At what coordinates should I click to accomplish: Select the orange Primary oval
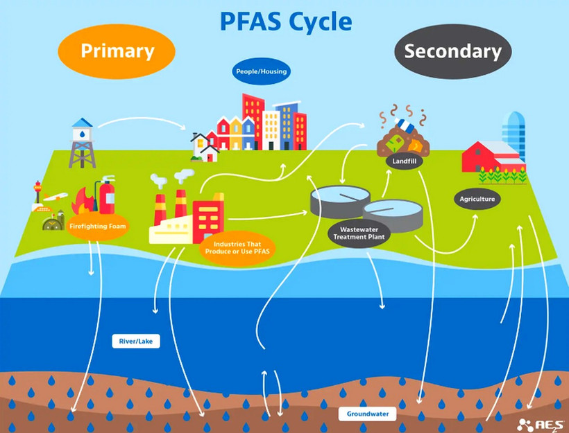point(117,51)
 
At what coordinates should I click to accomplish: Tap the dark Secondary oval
point(452,51)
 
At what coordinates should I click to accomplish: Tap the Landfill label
point(404,161)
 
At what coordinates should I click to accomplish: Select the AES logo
point(542,423)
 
